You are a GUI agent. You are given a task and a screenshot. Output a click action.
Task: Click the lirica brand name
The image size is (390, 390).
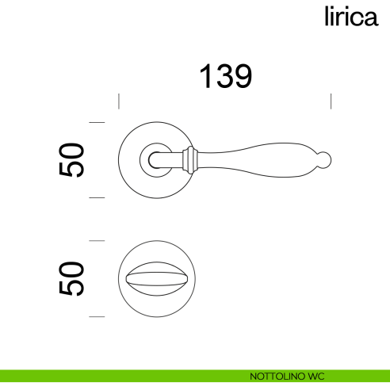[349, 17]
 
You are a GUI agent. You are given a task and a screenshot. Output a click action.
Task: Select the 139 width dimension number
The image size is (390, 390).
[225, 76]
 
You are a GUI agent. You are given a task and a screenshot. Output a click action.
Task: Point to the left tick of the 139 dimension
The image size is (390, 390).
[119, 101]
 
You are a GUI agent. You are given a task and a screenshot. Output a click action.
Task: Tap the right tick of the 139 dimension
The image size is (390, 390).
[331, 101]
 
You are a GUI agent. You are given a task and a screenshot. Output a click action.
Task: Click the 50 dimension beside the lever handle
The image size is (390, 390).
[72, 160]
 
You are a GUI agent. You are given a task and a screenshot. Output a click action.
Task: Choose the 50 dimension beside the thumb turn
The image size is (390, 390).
[72, 278]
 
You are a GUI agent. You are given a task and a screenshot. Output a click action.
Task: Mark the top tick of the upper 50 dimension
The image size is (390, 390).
[97, 123]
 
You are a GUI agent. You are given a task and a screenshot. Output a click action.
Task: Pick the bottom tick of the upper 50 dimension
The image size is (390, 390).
[97, 198]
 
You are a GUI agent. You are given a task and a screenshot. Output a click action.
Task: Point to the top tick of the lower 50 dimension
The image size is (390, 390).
[97, 240]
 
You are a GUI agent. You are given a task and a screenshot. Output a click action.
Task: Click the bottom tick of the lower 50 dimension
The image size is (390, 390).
[97, 316]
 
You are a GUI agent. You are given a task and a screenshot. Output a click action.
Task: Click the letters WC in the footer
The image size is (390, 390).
[318, 375]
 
